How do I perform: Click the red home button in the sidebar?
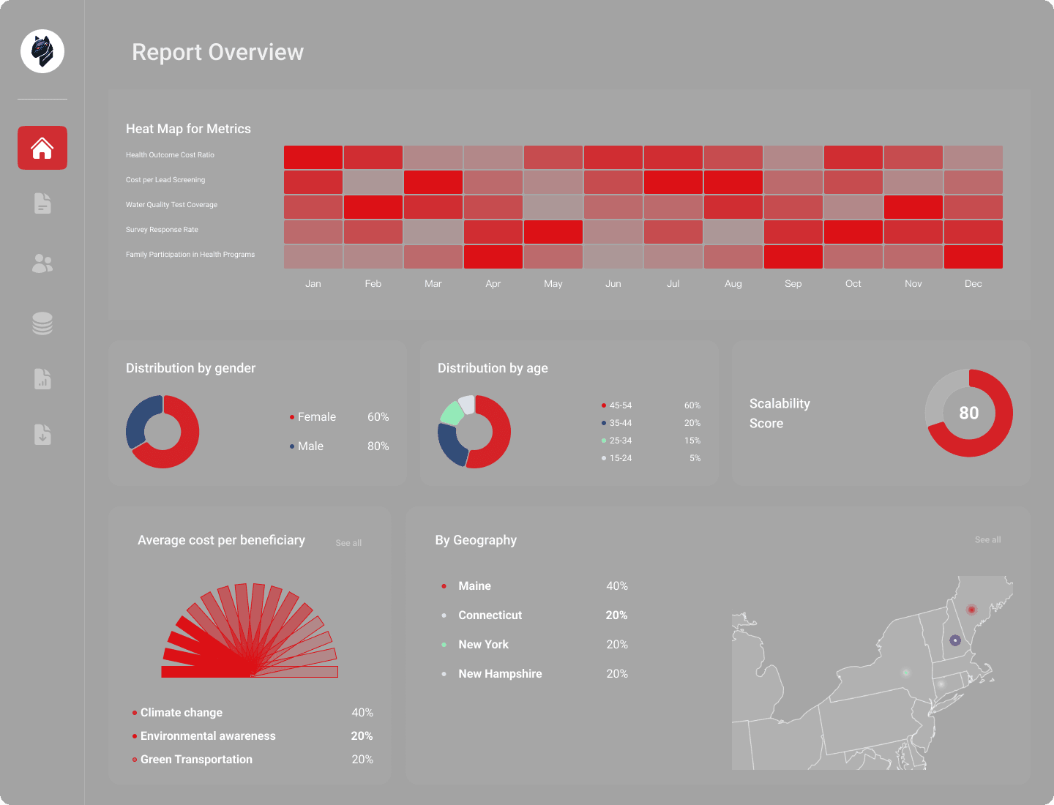tap(42, 147)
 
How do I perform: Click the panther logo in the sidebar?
tap(42, 51)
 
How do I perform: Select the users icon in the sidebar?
tap(42, 263)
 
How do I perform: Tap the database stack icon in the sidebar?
tap(42, 323)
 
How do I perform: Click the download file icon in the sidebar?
tap(42, 435)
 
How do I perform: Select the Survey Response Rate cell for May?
tap(553, 232)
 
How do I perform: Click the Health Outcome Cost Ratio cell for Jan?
tap(313, 157)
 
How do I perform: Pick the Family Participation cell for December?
tap(973, 257)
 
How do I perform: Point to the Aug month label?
tap(733, 284)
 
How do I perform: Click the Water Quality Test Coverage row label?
tap(171, 204)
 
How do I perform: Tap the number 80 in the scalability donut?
tap(968, 413)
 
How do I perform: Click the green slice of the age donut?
tap(452, 413)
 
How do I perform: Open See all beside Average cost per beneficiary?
tap(348, 543)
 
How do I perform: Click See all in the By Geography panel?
tap(987, 539)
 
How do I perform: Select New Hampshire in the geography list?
tap(500, 673)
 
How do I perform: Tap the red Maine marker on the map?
tap(971, 610)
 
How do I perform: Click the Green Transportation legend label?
tap(196, 759)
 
